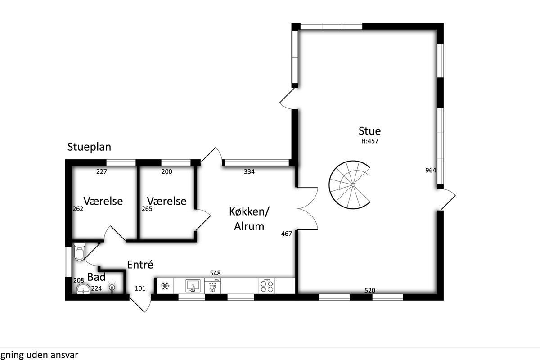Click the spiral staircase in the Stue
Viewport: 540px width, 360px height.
pyautogui.click(x=349, y=184)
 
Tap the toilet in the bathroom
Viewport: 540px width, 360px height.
pyautogui.click(x=79, y=252)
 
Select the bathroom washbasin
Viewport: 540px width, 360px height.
pyautogui.click(x=83, y=289)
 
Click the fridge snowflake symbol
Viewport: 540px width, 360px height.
pyautogui.click(x=165, y=286)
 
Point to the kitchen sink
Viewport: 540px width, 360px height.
pyautogui.click(x=193, y=286)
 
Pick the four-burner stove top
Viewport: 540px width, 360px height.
pyautogui.click(x=267, y=286)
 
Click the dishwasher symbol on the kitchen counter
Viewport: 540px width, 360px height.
pyautogui.click(x=212, y=286)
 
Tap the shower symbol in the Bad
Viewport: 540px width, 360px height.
pyautogui.click(x=112, y=287)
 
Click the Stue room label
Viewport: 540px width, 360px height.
pyautogui.click(x=369, y=131)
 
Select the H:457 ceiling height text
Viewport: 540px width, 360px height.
pyautogui.click(x=370, y=141)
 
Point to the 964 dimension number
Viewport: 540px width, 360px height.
pyautogui.click(x=431, y=170)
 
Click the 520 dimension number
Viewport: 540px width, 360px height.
pyautogui.click(x=370, y=290)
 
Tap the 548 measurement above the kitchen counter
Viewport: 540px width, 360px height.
pyautogui.click(x=215, y=273)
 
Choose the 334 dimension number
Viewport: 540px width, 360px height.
pyautogui.click(x=249, y=171)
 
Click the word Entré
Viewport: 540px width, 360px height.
pyautogui.click(x=140, y=265)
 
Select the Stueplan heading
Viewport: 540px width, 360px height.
pyautogui.click(x=89, y=147)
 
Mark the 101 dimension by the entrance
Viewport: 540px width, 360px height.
pyautogui.click(x=140, y=288)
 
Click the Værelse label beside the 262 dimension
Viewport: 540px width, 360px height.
pyautogui.click(x=103, y=201)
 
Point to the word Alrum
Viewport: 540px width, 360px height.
pyautogui.click(x=249, y=226)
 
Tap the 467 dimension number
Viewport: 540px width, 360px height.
pyautogui.click(x=286, y=234)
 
